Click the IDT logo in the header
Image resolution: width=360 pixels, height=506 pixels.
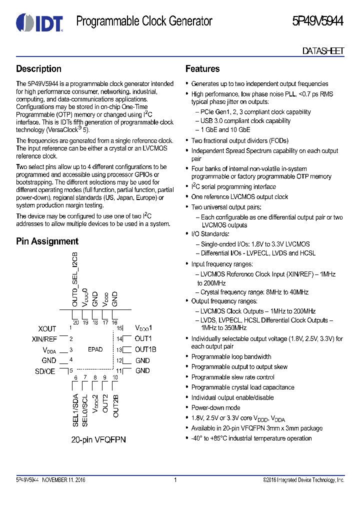(x=39, y=22)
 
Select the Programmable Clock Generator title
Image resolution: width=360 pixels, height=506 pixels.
(x=144, y=21)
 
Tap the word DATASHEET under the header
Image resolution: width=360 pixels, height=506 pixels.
(x=323, y=51)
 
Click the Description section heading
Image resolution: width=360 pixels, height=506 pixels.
(x=38, y=69)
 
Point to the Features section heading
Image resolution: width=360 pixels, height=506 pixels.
(x=202, y=69)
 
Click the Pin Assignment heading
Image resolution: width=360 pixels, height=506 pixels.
(x=47, y=241)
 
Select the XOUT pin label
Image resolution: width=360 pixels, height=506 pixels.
(x=47, y=328)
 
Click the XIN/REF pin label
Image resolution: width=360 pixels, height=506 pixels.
(x=44, y=339)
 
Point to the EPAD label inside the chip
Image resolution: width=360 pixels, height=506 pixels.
(x=95, y=349)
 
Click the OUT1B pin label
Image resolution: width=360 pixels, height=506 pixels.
(x=145, y=349)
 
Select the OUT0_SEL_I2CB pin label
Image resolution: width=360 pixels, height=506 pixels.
(x=75, y=279)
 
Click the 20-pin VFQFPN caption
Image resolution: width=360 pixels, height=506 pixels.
(x=98, y=439)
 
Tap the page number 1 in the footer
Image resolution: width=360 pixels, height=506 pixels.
(x=175, y=480)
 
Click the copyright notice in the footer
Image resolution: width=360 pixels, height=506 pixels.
(x=303, y=480)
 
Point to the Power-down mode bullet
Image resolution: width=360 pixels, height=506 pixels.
(x=215, y=407)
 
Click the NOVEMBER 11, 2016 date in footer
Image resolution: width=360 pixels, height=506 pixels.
(x=63, y=480)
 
